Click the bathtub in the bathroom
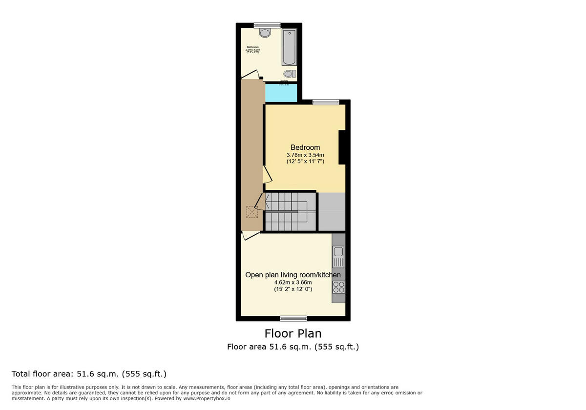289,47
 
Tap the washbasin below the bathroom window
265,33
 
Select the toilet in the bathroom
290,74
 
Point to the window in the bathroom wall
267,25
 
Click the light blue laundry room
281,93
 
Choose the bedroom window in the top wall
326,102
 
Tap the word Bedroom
305,147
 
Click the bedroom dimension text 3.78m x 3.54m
305,155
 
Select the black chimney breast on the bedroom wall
342,147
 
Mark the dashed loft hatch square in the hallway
252,212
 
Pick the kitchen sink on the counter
338,252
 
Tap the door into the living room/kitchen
250,236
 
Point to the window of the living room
293,319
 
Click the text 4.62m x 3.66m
293,282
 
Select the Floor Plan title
293,333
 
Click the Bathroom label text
252,47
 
